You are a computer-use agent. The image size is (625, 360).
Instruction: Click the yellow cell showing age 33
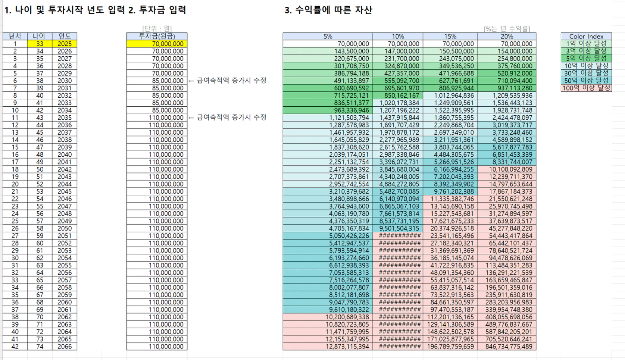(40, 44)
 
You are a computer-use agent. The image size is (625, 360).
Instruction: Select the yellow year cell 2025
(65, 44)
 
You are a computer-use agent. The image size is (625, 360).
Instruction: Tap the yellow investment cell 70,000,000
(157, 44)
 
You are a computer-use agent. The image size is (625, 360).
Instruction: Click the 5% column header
(328, 36)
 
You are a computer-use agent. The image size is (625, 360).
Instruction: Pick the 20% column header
(507, 36)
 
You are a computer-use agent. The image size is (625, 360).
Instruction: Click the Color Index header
(586, 36)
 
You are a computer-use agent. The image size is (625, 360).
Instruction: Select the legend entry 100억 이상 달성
(586, 88)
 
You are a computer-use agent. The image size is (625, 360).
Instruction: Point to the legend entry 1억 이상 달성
(586, 44)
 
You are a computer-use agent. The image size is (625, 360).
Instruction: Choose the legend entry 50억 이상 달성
(586, 81)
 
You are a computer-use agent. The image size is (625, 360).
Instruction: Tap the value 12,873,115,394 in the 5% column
(347, 347)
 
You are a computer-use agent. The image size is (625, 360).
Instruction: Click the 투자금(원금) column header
(157, 36)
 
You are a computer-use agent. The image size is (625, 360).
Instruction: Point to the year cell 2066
(65, 347)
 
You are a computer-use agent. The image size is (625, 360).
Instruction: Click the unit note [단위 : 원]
(157, 29)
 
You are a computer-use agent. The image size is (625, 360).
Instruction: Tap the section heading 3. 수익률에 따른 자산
(328, 10)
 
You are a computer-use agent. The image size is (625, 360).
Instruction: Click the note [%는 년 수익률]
(507, 29)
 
